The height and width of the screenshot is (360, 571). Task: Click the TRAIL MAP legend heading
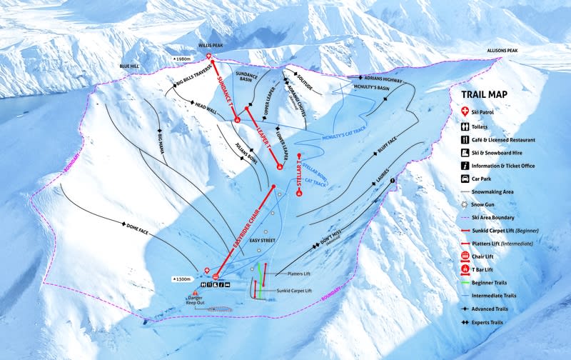(x=489, y=94)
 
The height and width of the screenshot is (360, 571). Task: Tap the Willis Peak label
(x=212, y=44)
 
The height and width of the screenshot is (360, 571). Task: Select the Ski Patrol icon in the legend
(x=465, y=112)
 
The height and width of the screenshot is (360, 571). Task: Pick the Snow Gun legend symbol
(x=465, y=204)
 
